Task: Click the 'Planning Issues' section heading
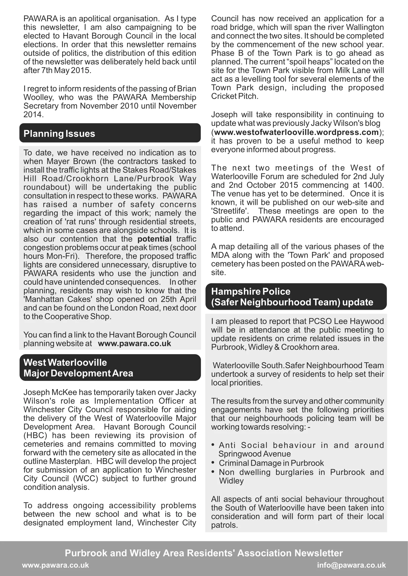pos(59,133)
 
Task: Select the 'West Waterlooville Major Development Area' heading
pos(78,368)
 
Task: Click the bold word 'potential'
pos(154,239)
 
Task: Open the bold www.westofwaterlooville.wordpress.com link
pos(296,132)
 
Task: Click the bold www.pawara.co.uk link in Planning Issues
pos(134,344)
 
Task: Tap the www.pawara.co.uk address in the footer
pos(56,565)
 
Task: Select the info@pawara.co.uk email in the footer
pos(351,565)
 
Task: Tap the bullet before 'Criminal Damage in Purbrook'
pos(213,462)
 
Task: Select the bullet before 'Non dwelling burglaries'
pos(213,472)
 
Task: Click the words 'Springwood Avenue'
pos(255,454)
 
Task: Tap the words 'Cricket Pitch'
pos(234,96)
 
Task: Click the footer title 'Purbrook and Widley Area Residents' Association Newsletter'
pos(204,553)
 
